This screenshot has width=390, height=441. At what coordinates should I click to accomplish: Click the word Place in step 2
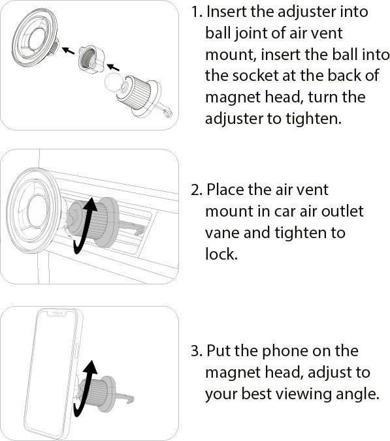(227, 190)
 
